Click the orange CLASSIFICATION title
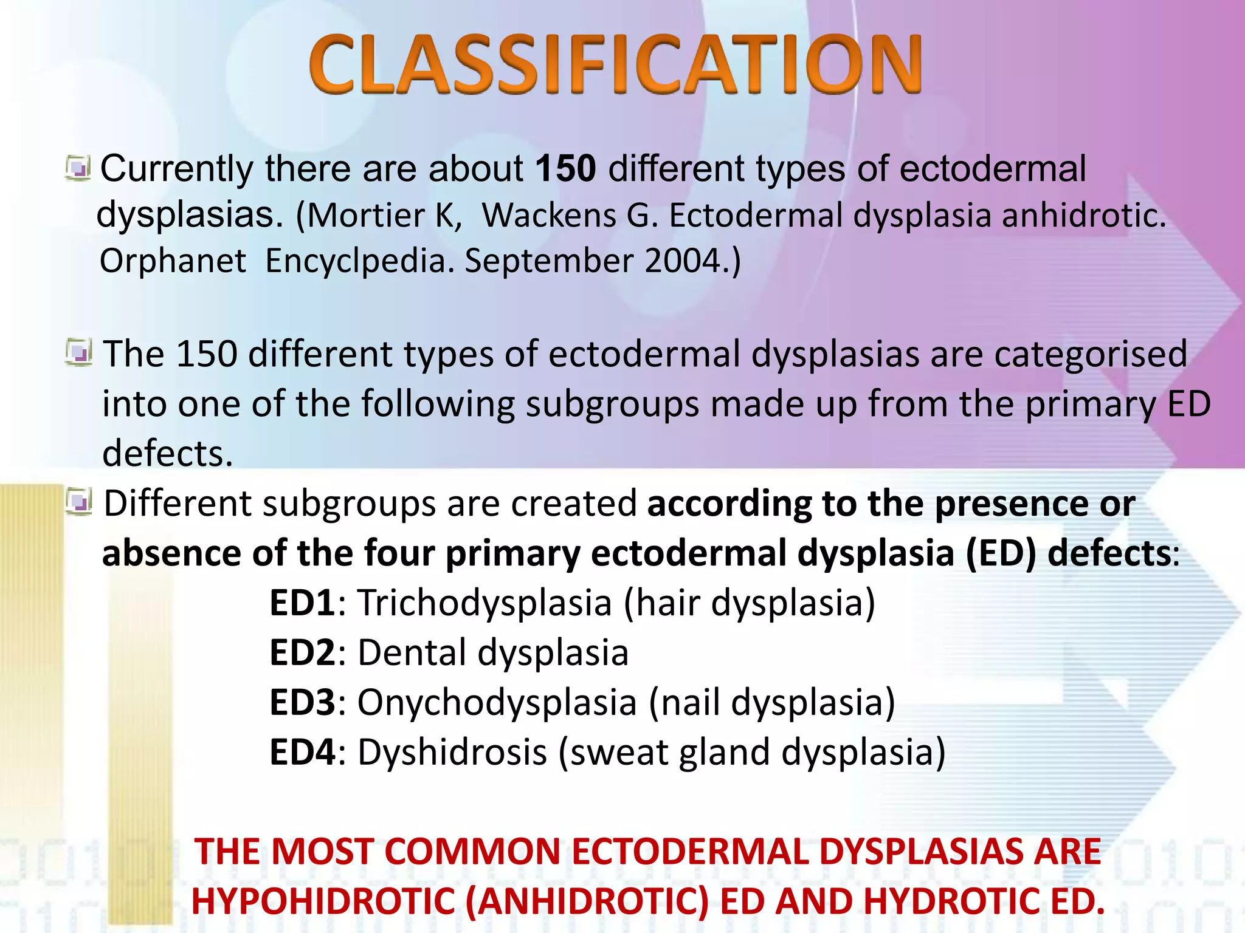615,64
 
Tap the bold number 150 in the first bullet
565,168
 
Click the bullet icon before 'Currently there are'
78,168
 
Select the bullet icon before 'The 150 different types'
79,353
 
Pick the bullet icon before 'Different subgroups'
79,502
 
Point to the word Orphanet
173,261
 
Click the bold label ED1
302,603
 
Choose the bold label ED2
302,653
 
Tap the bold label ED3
302,703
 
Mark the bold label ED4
302,753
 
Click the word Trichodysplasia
485,603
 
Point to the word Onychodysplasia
497,703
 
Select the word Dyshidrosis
452,753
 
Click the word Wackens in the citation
549,216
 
